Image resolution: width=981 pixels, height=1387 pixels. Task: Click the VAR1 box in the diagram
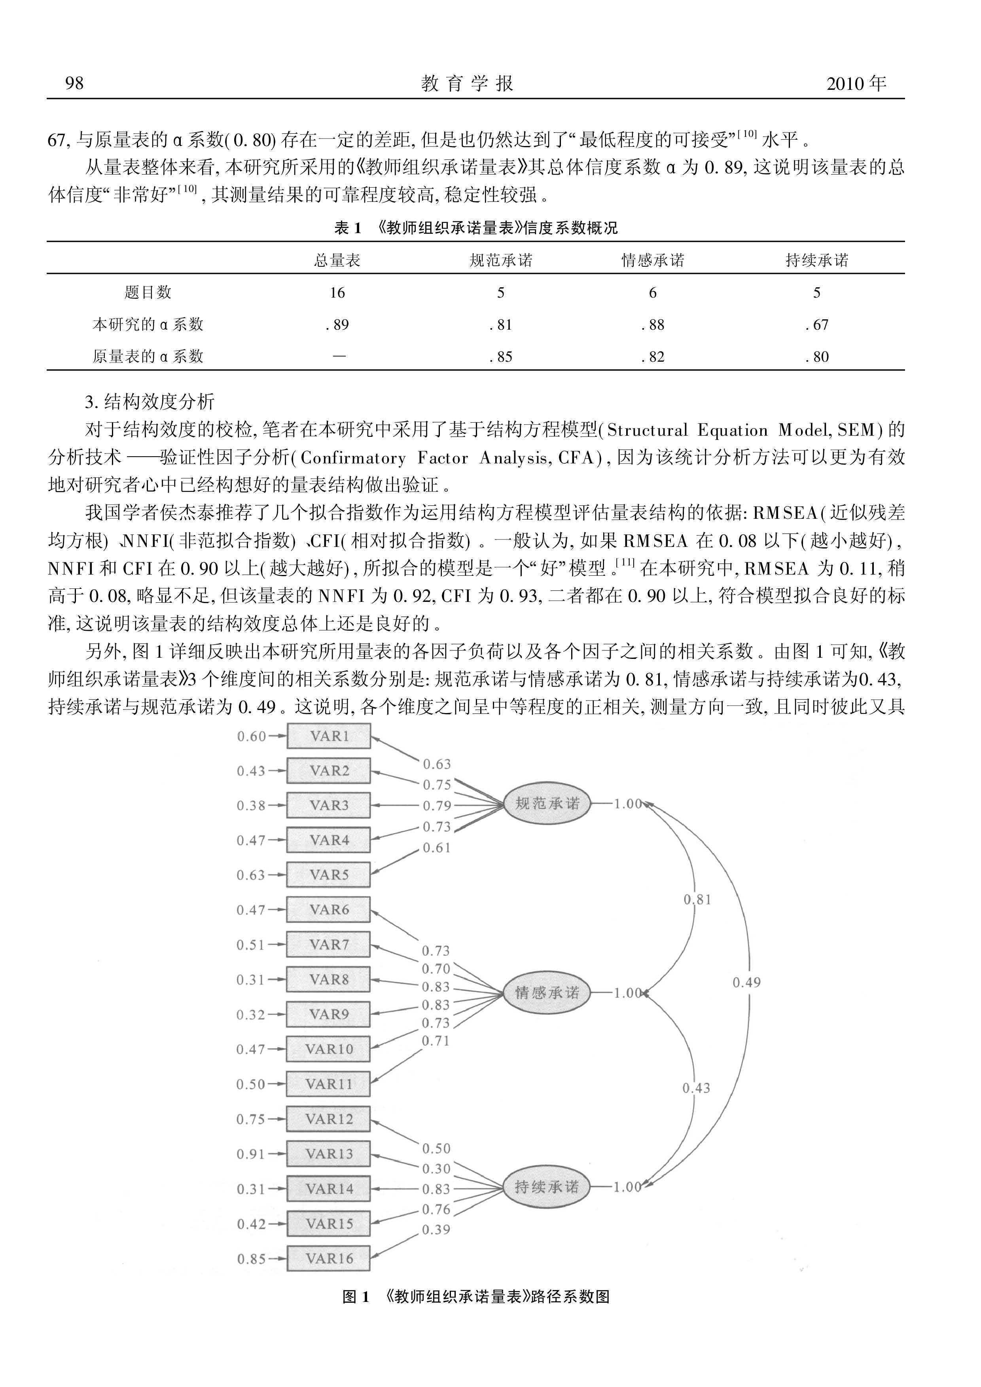click(x=329, y=736)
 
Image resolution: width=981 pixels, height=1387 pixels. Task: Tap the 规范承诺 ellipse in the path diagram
click(x=547, y=804)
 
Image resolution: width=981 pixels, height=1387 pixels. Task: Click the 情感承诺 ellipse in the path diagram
click(x=547, y=992)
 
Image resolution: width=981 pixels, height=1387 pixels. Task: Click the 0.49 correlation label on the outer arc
click(x=746, y=983)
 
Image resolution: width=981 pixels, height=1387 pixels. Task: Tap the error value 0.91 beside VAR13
click(x=251, y=1154)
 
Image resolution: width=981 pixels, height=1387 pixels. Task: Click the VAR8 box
click(x=329, y=979)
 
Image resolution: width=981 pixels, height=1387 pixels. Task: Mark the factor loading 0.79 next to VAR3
click(x=437, y=806)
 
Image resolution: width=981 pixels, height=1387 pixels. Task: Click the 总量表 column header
click(x=337, y=260)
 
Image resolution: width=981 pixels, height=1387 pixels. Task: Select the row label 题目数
click(x=148, y=292)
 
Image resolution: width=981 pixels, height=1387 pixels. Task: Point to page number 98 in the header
click(x=74, y=83)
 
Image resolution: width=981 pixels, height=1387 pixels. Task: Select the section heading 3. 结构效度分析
click(x=150, y=402)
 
